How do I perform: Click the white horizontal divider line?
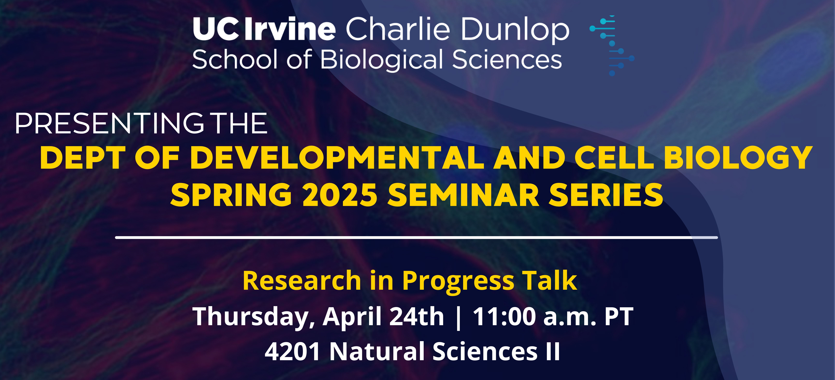point(417,237)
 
